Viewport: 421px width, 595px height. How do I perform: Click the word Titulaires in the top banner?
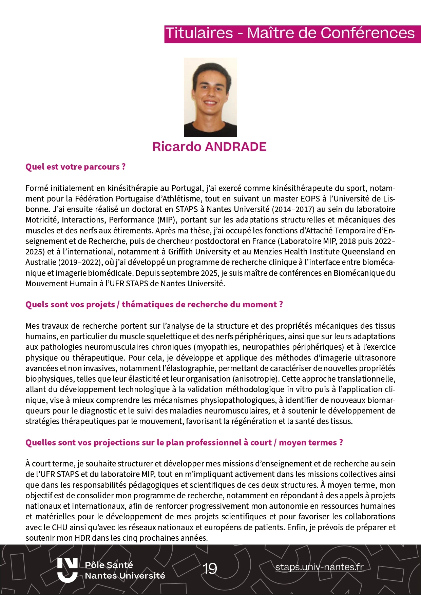pyautogui.click(x=199, y=33)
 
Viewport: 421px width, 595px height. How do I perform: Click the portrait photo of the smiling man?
pyautogui.click(x=210, y=97)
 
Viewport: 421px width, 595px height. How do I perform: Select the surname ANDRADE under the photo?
pyautogui.click(x=236, y=147)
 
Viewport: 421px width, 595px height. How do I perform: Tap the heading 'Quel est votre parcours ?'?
pyautogui.click(x=75, y=167)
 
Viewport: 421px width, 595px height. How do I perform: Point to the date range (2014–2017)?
pyautogui.click(x=292, y=209)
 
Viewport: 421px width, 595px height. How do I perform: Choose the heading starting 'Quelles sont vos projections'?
pyautogui.click(x=184, y=443)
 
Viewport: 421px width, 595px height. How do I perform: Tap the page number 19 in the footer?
pyautogui.click(x=210, y=569)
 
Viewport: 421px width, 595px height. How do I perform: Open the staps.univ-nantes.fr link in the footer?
pyautogui.click(x=319, y=567)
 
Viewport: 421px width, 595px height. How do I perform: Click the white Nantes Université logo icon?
pyautogui.click(x=67, y=570)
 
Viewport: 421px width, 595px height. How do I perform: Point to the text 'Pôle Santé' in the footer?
pyautogui.click(x=109, y=565)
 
